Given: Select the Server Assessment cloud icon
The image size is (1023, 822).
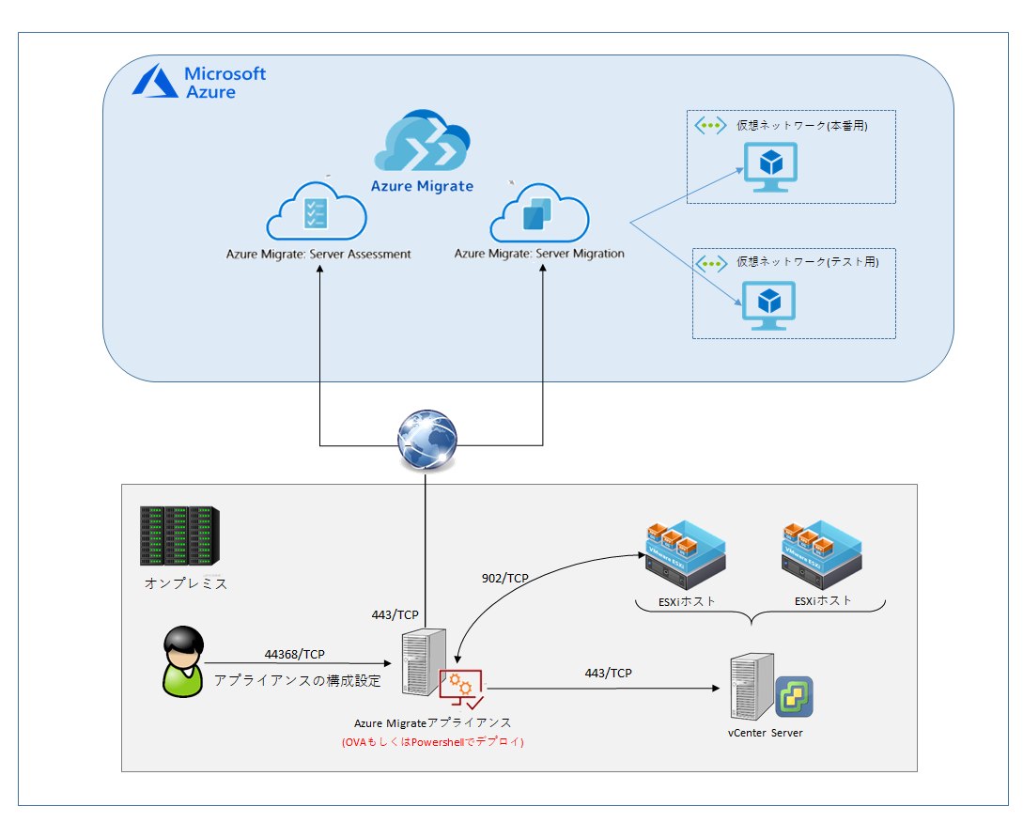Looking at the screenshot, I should (x=317, y=214).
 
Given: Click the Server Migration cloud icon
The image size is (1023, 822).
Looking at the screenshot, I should (x=539, y=215).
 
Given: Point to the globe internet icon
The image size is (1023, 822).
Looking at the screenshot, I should (x=426, y=440).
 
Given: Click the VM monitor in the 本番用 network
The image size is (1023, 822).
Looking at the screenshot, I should (x=770, y=166).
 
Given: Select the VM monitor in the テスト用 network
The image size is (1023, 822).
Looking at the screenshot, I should (x=769, y=304).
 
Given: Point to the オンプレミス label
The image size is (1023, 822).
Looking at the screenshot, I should (x=186, y=583).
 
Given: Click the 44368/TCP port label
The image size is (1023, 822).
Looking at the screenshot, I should (x=295, y=654).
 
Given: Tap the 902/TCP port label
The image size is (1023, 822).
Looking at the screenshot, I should (x=504, y=579).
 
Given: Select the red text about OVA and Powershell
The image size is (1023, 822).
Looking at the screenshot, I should (x=432, y=742).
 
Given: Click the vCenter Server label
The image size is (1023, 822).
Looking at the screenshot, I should (x=765, y=733).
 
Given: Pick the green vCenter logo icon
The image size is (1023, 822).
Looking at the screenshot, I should (x=794, y=696).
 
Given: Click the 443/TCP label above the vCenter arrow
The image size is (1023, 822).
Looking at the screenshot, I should (x=608, y=674).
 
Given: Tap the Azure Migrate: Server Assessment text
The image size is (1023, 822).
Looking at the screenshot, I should (x=318, y=254).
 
